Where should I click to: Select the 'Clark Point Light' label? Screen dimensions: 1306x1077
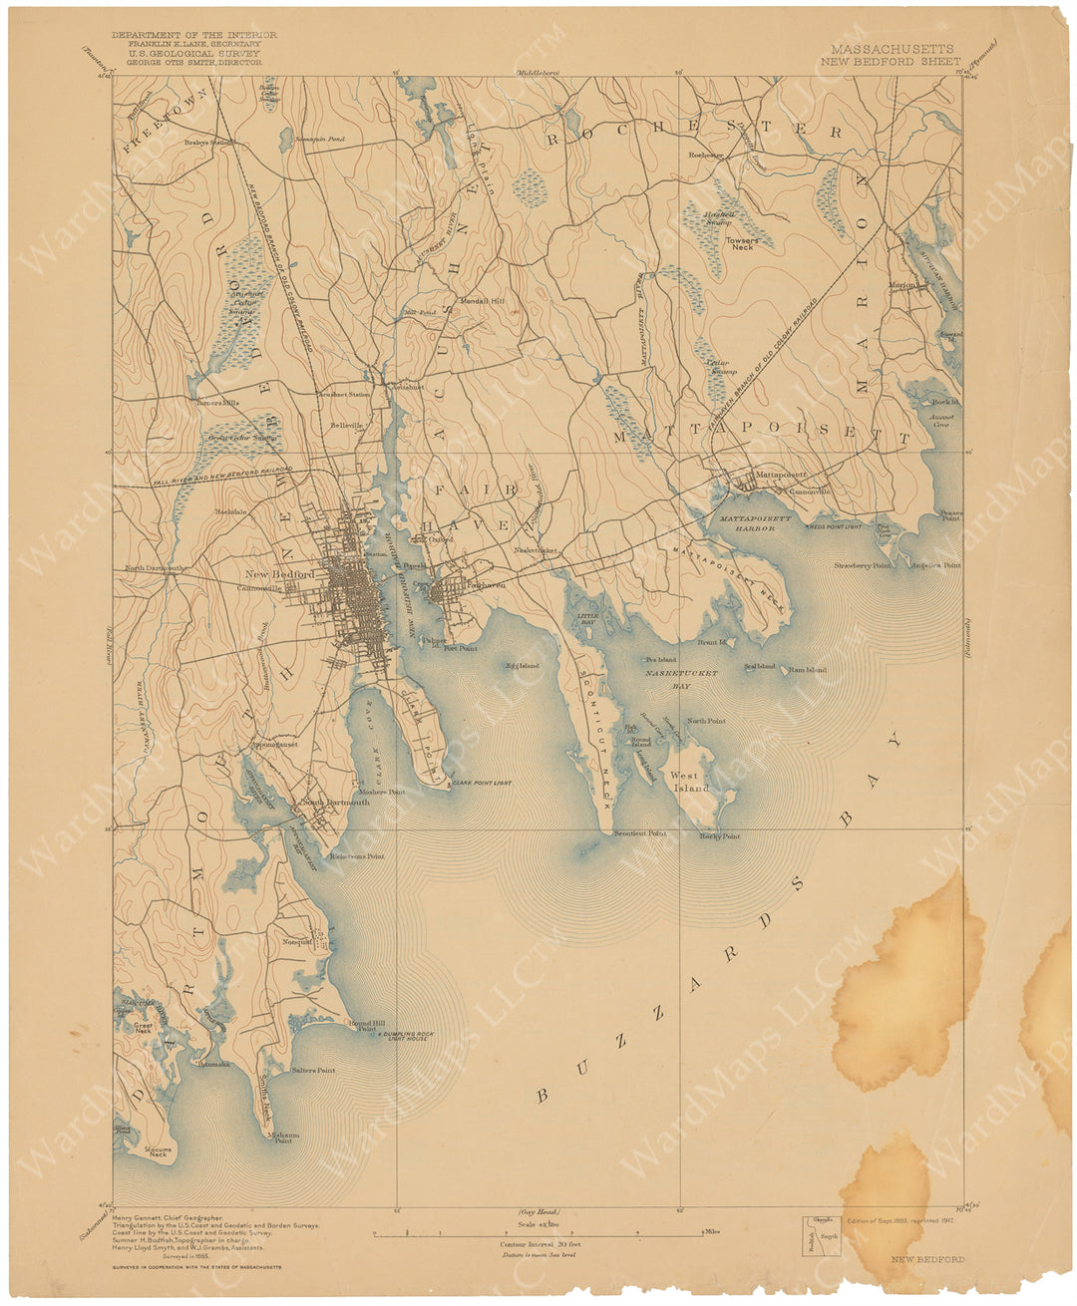(x=482, y=784)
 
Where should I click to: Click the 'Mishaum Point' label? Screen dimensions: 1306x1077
(x=283, y=1138)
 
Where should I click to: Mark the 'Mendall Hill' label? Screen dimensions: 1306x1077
(x=482, y=300)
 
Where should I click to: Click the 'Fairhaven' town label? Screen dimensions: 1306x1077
(x=485, y=585)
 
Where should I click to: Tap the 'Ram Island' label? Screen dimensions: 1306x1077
(x=807, y=670)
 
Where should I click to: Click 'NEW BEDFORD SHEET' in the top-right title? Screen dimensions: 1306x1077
(x=891, y=61)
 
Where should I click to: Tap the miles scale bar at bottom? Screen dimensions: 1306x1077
(x=538, y=1234)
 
